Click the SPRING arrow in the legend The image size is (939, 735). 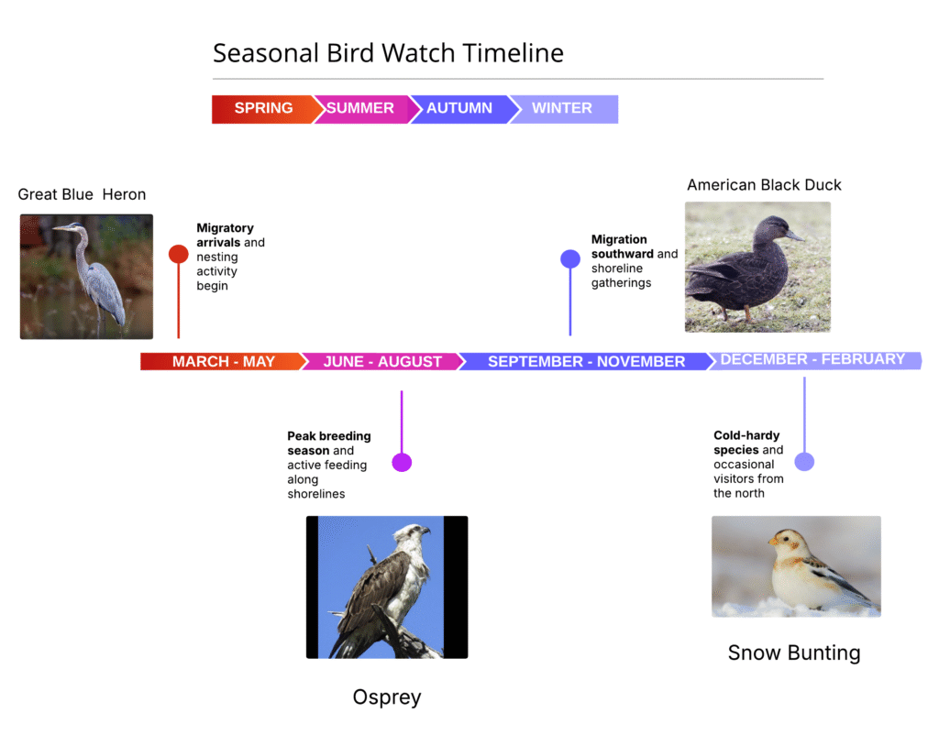tap(263, 109)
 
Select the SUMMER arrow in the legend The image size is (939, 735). tap(360, 109)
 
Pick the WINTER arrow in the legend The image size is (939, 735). tap(563, 109)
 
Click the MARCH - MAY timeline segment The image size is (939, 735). tap(223, 361)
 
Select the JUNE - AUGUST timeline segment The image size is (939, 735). tap(382, 361)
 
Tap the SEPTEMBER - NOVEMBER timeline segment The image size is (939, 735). tap(586, 361)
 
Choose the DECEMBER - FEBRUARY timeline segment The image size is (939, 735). tap(813, 360)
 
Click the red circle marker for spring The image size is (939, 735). tap(179, 254)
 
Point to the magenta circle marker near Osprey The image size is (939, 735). tap(402, 462)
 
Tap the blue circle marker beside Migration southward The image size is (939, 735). tap(570, 258)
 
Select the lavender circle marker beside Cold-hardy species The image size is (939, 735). tap(804, 462)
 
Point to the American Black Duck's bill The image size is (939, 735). tap(795, 236)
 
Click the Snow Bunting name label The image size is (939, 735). tap(794, 653)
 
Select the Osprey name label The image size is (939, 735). tap(387, 697)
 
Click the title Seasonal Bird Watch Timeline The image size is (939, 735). tap(388, 52)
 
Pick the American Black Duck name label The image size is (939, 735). tap(764, 185)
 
